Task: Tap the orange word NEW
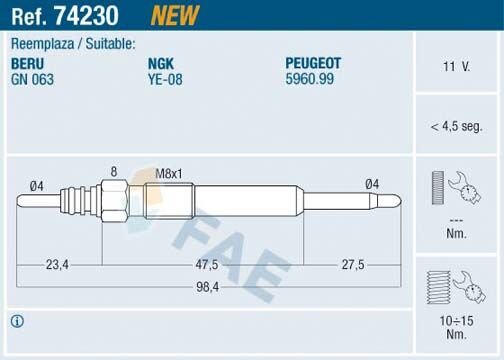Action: (174, 15)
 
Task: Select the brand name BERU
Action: (28, 61)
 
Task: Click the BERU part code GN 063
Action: (33, 76)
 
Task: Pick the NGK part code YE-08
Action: (165, 76)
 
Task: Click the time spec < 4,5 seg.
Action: (456, 125)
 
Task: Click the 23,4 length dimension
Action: (57, 265)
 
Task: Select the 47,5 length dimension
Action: (207, 265)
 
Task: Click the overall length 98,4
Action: (207, 286)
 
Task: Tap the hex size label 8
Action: (114, 171)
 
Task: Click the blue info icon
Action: (16, 321)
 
